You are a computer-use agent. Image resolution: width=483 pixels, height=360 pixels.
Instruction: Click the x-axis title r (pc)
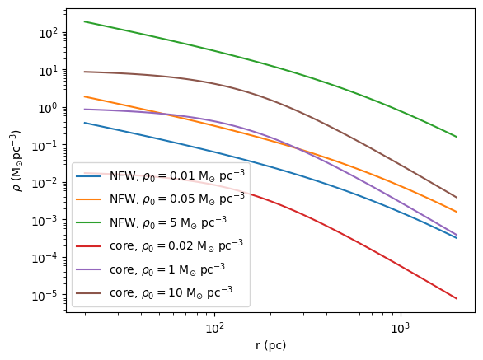coord(270,345)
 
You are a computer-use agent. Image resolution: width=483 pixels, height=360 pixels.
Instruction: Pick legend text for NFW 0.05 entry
coord(177,198)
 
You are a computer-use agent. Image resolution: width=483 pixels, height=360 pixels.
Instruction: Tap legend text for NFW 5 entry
coord(172,222)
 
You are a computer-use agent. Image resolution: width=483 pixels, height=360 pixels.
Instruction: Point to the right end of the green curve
coord(457,137)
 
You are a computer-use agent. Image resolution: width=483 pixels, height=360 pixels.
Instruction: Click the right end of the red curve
coord(457,298)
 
